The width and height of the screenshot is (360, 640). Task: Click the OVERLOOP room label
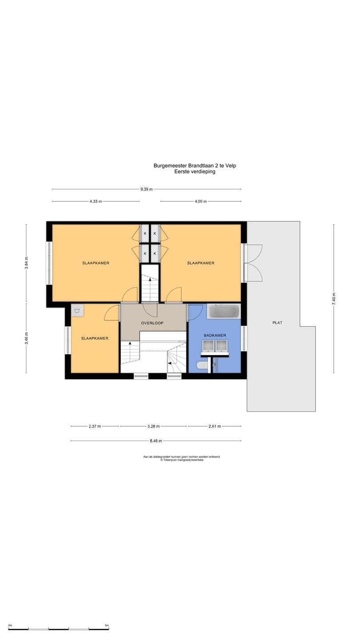[152, 323]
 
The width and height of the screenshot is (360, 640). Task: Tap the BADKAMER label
[215, 336]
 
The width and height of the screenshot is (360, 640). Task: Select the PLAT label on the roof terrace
[277, 323]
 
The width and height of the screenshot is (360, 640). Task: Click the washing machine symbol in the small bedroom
[77, 310]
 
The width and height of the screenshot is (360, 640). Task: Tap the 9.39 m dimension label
[147, 189]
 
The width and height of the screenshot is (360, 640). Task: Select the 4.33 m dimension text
[96, 201]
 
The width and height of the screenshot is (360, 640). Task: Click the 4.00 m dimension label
[200, 201]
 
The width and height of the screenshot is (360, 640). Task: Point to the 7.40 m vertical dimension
[334, 299]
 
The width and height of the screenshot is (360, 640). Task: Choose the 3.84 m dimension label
[26, 263]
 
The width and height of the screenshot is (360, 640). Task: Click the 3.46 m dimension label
[26, 338]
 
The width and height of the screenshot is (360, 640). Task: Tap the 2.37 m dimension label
[95, 426]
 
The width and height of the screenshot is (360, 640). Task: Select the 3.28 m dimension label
[153, 426]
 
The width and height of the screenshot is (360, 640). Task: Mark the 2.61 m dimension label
[215, 426]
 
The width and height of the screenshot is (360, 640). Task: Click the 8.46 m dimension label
[156, 441]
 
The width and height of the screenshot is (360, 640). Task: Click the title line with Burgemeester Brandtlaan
[195, 165]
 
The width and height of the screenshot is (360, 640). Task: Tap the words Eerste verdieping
[195, 172]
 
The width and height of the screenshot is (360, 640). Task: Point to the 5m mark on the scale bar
[107, 625]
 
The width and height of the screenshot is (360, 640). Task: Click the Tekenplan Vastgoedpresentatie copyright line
[182, 460]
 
